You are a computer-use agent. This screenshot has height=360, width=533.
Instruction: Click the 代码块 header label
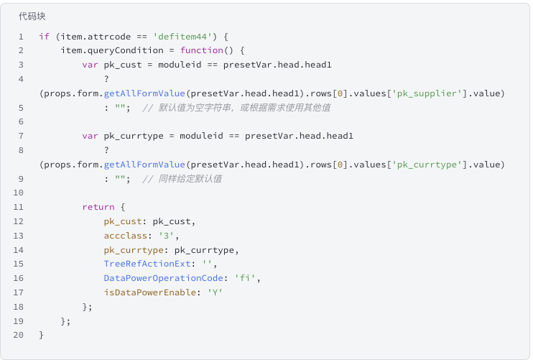[32, 17]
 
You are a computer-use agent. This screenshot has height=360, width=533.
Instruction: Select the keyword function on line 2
[202, 50]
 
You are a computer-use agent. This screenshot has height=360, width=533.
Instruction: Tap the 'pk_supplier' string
[427, 93]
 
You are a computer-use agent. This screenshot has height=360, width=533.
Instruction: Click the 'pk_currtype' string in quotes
[427, 165]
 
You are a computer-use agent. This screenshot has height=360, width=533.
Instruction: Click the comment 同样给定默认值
[190, 179]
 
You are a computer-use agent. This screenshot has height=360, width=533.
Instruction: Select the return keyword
[98, 207]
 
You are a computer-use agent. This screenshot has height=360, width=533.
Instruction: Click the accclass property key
[126, 236]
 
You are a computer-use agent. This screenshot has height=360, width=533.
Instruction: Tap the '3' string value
[166, 236]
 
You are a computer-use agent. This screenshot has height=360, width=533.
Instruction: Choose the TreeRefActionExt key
[147, 264]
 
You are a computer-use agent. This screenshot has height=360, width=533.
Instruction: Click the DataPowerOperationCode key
[164, 278]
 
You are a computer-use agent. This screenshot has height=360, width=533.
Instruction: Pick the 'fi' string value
[245, 278]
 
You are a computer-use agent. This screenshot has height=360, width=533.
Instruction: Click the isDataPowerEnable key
[150, 292]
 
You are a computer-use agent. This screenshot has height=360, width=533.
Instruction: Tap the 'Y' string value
[215, 292]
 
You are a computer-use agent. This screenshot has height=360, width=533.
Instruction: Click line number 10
[19, 193]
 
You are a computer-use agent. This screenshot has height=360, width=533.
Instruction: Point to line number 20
[19, 335]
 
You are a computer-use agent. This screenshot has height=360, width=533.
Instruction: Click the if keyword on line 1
[45, 37]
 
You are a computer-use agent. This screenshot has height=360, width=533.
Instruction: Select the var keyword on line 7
[90, 136]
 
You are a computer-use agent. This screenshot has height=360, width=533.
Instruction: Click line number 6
[21, 121]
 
